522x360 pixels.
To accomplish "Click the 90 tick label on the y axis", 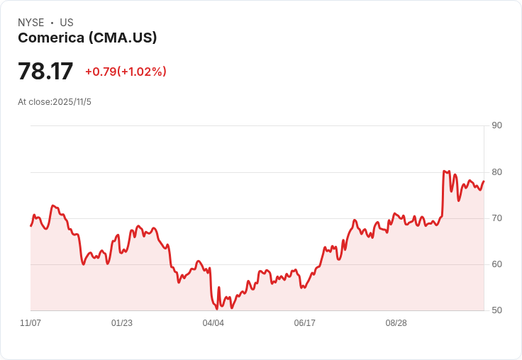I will click(496, 125).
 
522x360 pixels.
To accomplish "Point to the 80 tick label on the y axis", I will click(496, 172).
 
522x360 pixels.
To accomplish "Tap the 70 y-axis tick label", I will click(496, 218).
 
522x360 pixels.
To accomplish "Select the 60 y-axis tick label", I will click(496, 264).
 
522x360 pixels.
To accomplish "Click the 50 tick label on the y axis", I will click(496, 310).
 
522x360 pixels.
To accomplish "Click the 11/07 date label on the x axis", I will click(30, 323).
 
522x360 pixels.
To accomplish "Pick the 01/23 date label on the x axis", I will click(122, 323).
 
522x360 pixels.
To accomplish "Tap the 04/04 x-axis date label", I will click(213, 323).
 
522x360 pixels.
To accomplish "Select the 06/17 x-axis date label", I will click(304, 323).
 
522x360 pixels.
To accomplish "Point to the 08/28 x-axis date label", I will click(396, 323).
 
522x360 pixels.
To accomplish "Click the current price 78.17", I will click(45, 72).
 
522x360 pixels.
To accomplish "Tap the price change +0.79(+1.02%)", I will click(126, 72).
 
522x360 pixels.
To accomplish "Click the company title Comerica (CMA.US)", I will click(87, 38).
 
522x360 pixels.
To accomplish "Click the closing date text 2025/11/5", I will click(72, 102).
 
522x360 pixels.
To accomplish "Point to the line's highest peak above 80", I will click(444, 171).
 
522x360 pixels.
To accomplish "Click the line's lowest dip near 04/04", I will click(217, 309).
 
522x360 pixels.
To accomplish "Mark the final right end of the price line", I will click(484, 181).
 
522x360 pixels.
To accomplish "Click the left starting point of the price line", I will click(30, 225).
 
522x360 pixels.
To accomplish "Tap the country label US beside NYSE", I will click(67, 23).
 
